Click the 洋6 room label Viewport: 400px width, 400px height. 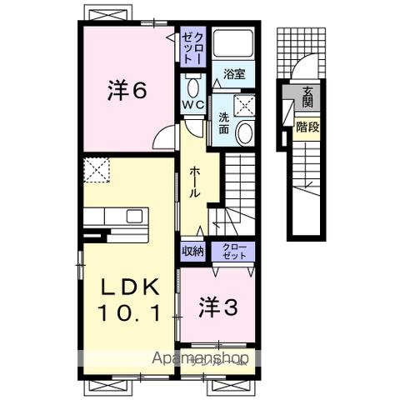(127, 91)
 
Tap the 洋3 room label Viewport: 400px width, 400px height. (218, 307)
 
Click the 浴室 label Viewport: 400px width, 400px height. (233, 74)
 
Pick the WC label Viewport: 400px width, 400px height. (193, 105)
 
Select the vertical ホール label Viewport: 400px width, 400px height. (193, 181)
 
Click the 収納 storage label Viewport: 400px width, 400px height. (192, 249)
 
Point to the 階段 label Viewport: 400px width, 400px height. (307, 127)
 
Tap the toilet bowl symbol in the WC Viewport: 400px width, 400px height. (193, 87)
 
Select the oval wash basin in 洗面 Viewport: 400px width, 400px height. (245, 131)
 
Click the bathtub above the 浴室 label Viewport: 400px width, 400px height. (233, 47)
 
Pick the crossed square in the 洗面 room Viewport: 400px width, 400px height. (245, 105)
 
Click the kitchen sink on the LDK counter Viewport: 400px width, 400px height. (134, 216)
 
